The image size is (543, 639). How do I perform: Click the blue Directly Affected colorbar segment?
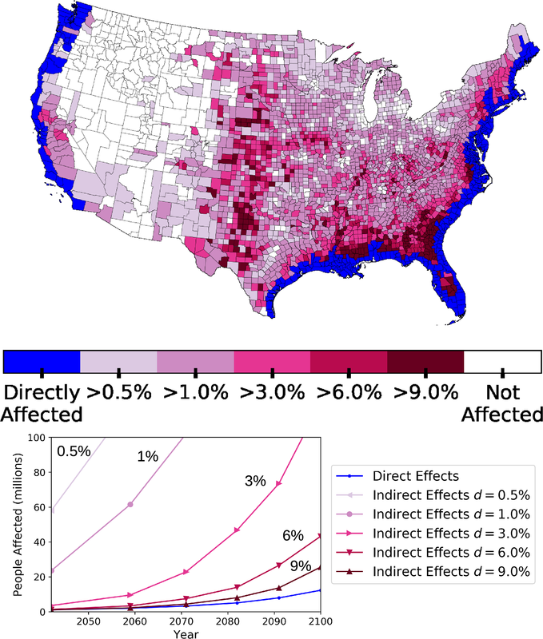(x=42, y=361)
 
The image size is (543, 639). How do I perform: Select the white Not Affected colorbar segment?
(x=502, y=361)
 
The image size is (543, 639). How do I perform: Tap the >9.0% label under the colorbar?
(x=425, y=393)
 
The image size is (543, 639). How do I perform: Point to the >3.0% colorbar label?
(x=272, y=393)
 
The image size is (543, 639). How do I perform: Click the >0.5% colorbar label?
(x=118, y=393)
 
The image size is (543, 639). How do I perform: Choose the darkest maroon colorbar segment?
(x=425, y=361)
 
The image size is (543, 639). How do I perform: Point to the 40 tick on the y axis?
(x=37, y=542)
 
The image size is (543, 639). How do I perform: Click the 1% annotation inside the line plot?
(x=148, y=456)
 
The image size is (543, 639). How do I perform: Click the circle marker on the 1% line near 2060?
(x=130, y=504)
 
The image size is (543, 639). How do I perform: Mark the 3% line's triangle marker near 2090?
(x=279, y=484)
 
